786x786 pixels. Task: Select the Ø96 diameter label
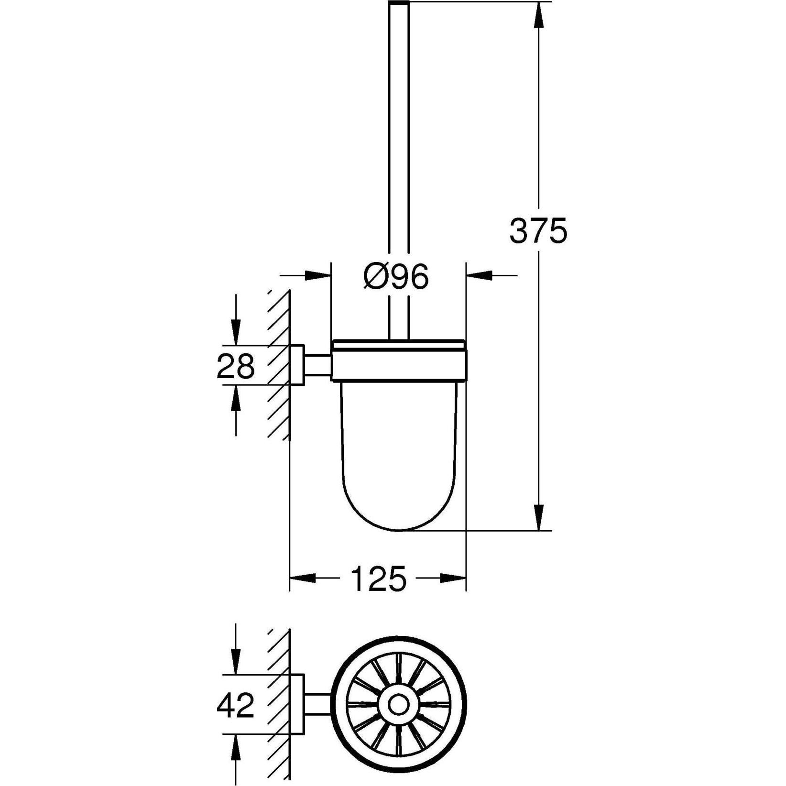point(396,277)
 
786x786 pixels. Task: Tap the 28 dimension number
point(236,367)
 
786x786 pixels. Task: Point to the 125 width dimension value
point(378,579)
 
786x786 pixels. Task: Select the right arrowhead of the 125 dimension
point(453,578)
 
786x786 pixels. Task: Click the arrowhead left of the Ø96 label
point(318,275)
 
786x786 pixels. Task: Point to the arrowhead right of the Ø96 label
point(479,275)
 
